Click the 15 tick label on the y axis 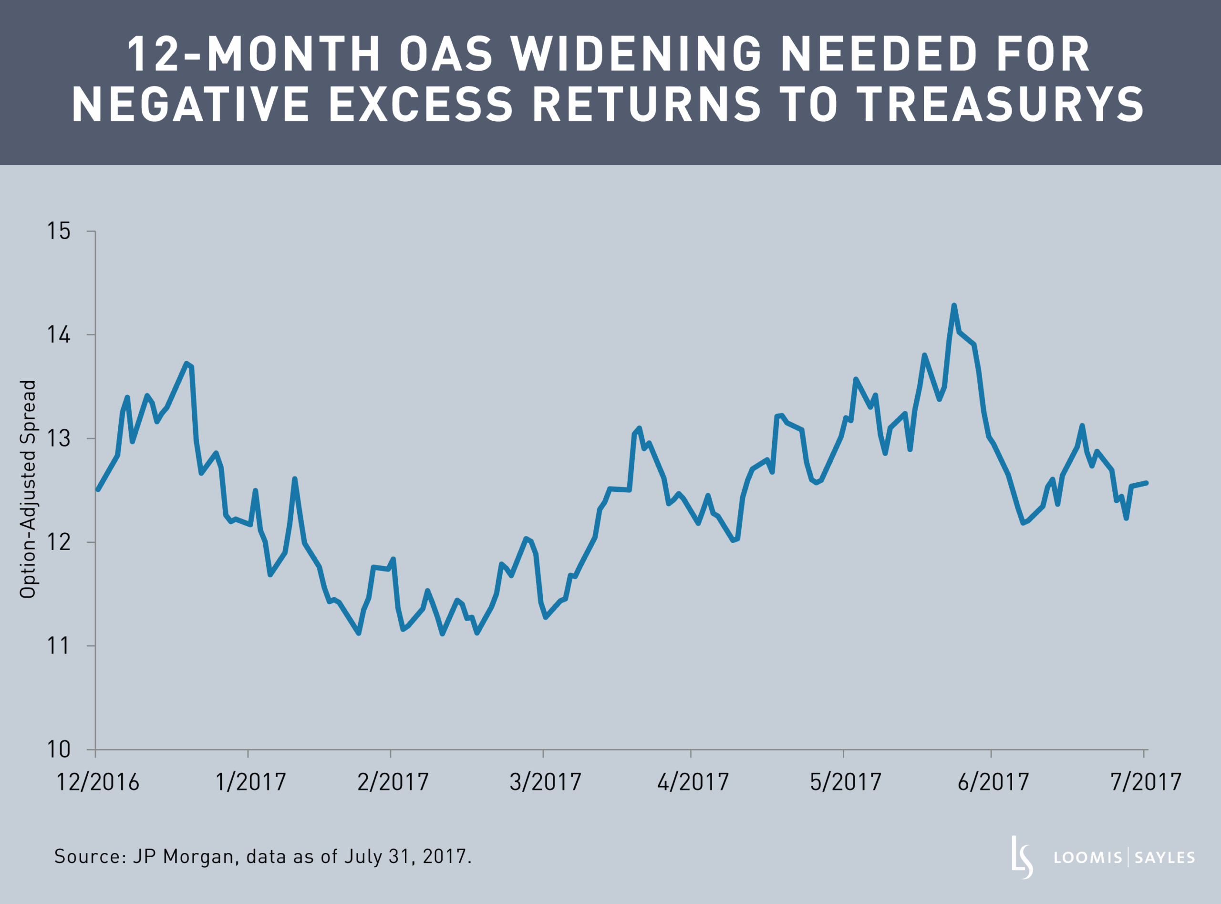(59, 231)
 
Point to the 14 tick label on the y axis (59, 335)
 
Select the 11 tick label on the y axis (59, 646)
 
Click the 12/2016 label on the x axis (98, 782)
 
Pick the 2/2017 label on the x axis (393, 782)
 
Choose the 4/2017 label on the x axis (693, 782)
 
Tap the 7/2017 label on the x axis (1146, 782)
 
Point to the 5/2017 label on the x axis (845, 782)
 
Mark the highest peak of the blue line (953, 305)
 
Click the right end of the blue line (1146, 483)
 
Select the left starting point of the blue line (97, 489)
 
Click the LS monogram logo (1021, 857)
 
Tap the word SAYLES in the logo (1165, 857)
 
